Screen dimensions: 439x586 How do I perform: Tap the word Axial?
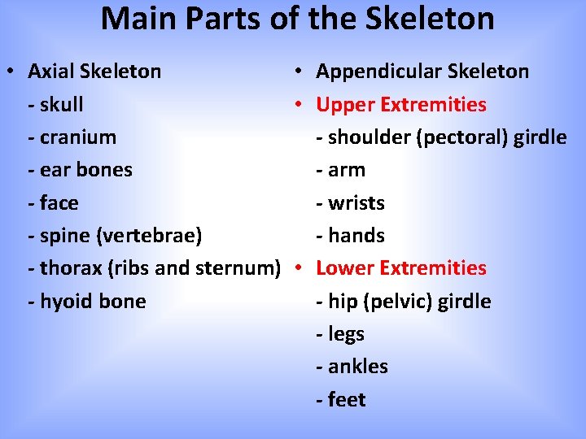pyautogui.click(x=50, y=72)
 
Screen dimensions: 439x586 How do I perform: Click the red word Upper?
pyautogui.click(x=342, y=105)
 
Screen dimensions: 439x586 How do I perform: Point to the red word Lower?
pyautogui.click(x=344, y=268)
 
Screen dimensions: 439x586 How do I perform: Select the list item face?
pyautogui.click(x=59, y=202)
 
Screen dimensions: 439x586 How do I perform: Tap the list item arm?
pyautogui.click(x=347, y=170)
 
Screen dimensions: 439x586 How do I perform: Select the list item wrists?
pyautogui.click(x=356, y=202)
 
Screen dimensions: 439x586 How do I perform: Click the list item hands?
pyautogui.click(x=356, y=236)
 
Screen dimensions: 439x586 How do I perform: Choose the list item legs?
pyautogui.click(x=346, y=334)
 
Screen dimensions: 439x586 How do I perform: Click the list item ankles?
pyautogui.click(x=358, y=367)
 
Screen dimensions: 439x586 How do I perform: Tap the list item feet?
pyautogui.click(x=347, y=400)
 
